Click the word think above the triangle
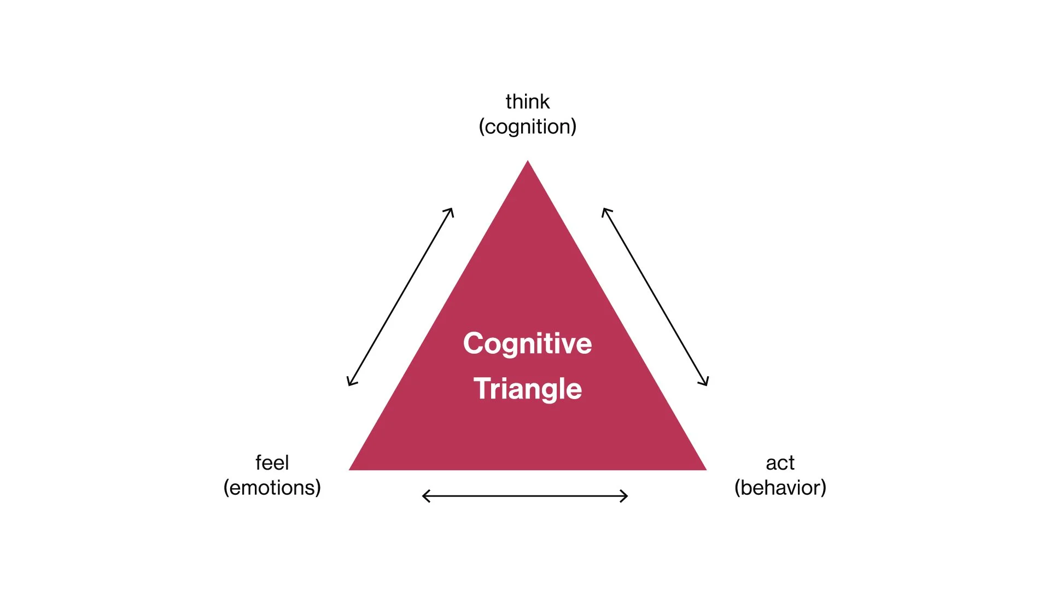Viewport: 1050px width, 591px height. click(x=527, y=102)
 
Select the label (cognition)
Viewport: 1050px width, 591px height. click(x=527, y=127)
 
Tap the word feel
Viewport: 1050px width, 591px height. click(x=272, y=463)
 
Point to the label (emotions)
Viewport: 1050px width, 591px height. click(x=272, y=488)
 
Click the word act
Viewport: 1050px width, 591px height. click(x=780, y=463)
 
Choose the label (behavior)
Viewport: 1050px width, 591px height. click(x=780, y=488)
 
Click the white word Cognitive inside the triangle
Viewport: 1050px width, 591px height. click(x=527, y=343)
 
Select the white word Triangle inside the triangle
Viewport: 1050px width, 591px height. click(x=527, y=389)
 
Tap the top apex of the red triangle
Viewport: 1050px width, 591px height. click(x=528, y=162)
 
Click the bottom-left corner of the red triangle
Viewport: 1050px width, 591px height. click(x=351, y=469)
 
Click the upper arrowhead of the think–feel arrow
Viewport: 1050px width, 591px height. click(x=451, y=210)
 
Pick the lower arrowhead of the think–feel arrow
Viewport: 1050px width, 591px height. click(x=349, y=383)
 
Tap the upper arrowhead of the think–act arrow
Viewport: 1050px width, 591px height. click(x=604, y=210)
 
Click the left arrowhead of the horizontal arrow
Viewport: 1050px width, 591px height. click(x=425, y=496)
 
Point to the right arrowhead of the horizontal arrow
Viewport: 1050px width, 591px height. click(x=626, y=496)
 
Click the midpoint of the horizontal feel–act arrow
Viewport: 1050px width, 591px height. click(x=525, y=496)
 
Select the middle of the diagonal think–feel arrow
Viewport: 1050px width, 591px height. click(x=400, y=297)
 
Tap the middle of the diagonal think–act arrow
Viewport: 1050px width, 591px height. click(x=655, y=297)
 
